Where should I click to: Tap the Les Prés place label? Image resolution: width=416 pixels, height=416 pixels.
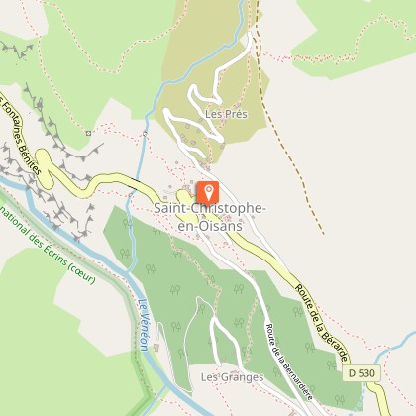point(225,114)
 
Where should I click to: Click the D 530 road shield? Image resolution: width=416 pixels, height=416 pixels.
point(364,373)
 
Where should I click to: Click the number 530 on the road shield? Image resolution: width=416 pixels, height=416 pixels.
point(368,373)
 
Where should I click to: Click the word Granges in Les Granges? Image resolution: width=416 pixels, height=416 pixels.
point(234,377)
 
